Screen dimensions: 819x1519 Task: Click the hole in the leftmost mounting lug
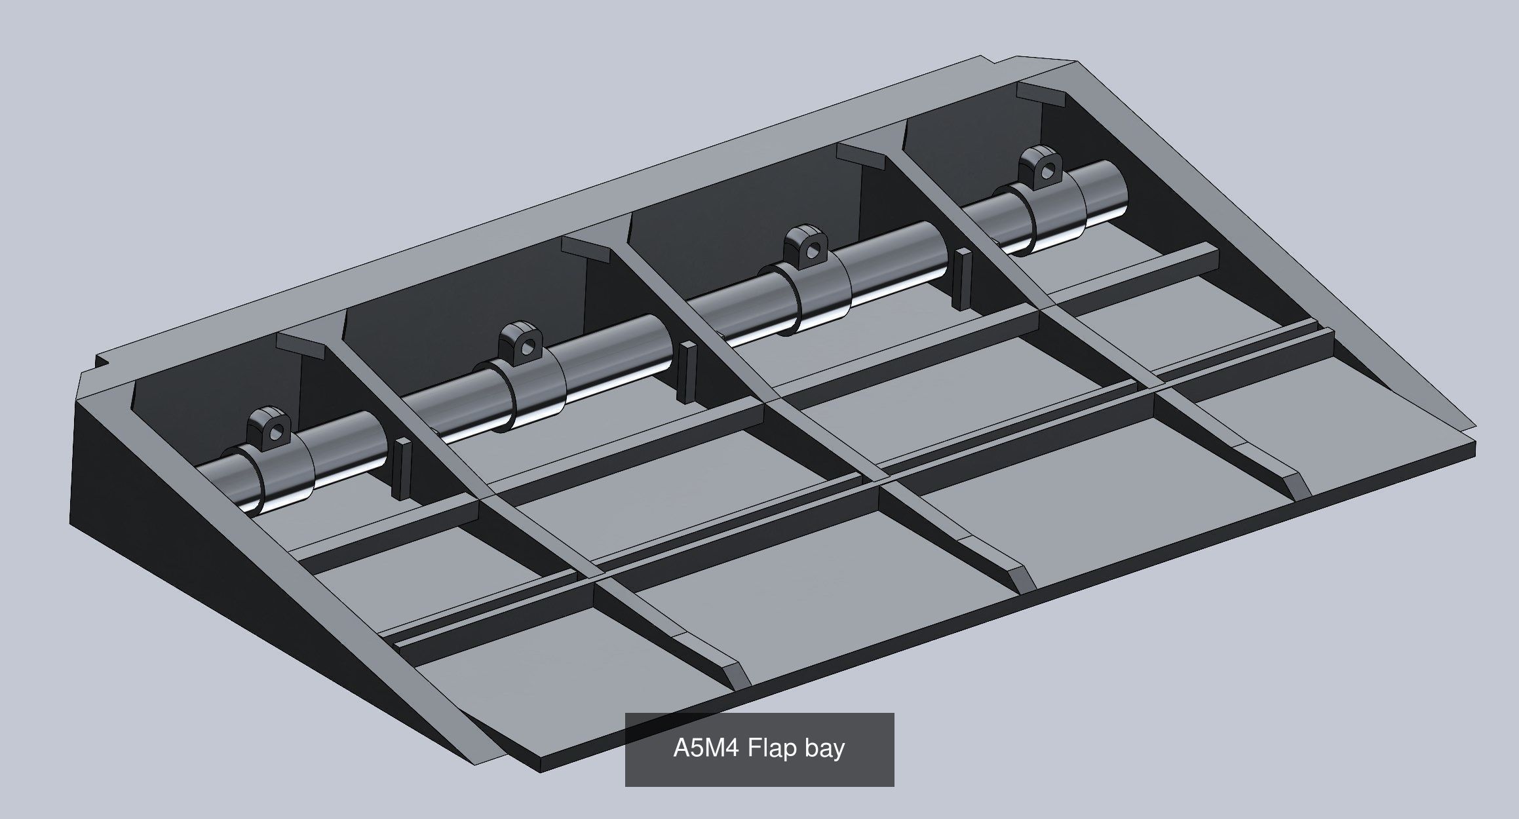click(278, 430)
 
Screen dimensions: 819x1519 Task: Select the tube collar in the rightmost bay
click(1055, 219)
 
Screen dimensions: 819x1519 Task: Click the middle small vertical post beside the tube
click(686, 372)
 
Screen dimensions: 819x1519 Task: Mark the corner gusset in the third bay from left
click(863, 155)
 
